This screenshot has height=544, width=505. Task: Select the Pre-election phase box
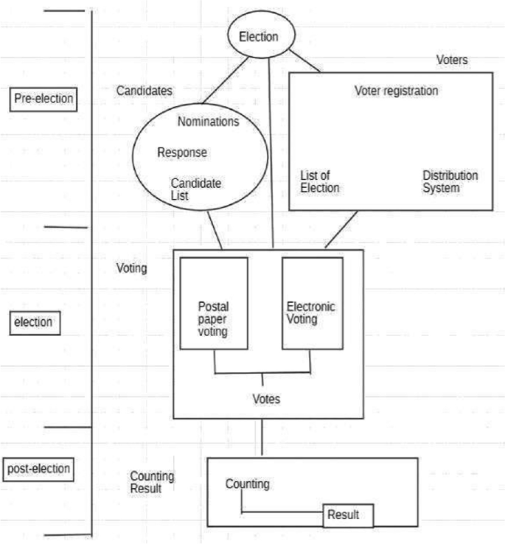[x=44, y=98]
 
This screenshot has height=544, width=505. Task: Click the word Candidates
[x=144, y=91]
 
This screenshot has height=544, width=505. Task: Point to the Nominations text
[x=208, y=122]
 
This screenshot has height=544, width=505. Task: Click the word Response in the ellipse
[x=182, y=153]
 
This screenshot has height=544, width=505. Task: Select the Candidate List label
[x=196, y=189]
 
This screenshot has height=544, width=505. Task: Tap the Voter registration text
[x=397, y=91]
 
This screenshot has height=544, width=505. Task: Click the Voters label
[x=451, y=60]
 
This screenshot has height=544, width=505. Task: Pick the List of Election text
[x=320, y=181]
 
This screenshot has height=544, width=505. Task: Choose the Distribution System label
[x=450, y=181]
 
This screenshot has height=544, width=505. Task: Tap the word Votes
[x=265, y=399]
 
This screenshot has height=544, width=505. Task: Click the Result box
[x=344, y=515]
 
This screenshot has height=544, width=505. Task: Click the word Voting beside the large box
[x=132, y=268]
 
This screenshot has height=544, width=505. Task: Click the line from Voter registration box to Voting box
[x=341, y=230]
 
